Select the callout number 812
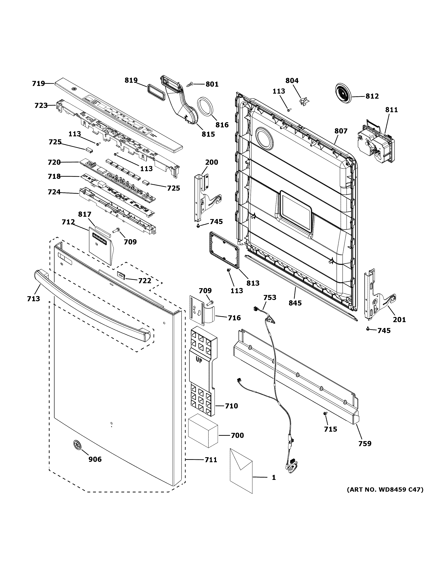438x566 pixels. [x=372, y=96]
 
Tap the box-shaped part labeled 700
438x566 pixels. [x=203, y=434]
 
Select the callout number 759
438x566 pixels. [x=365, y=444]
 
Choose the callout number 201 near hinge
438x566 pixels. [x=399, y=320]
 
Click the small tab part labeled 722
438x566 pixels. [x=121, y=274]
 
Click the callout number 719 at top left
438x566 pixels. [x=38, y=83]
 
